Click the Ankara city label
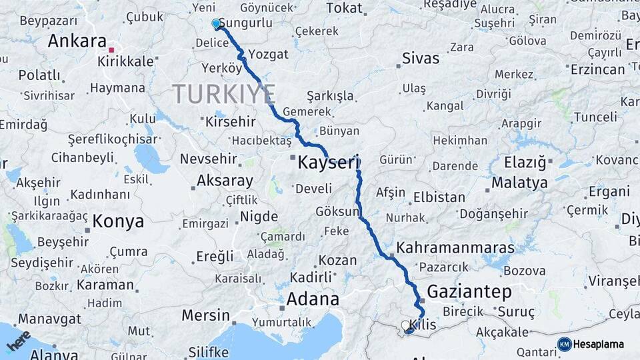[x=77, y=41]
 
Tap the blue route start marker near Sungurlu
[x=216, y=24]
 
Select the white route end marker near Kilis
[x=405, y=325]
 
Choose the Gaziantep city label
[x=469, y=291]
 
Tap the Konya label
[x=118, y=221]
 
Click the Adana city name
[x=313, y=299]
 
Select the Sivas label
[x=421, y=58]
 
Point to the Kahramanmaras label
[x=455, y=248]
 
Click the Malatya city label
[x=519, y=182]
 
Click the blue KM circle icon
[x=565, y=344]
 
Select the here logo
[x=19, y=341]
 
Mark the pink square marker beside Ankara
[x=112, y=49]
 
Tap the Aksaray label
[x=225, y=181]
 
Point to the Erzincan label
[x=597, y=69]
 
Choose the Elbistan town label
[x=439, y=197]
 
